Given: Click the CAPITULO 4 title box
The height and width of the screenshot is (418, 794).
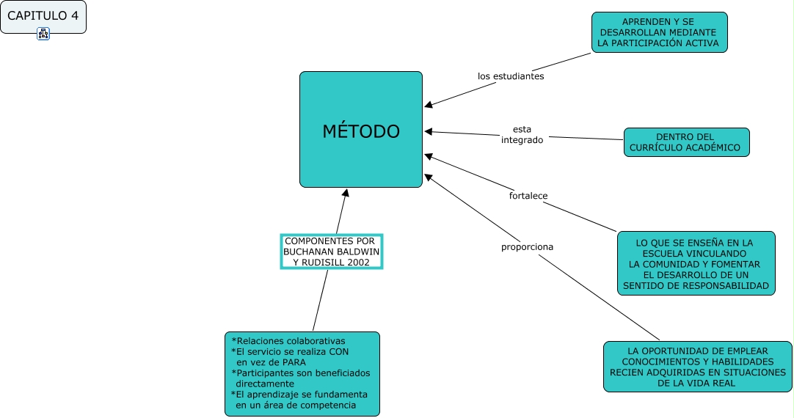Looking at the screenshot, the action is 43,17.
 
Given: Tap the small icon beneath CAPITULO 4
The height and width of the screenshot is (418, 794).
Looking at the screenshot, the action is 43,34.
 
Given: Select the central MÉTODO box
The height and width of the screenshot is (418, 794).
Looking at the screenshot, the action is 361,130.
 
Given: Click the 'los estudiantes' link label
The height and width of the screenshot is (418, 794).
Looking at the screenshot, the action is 511,76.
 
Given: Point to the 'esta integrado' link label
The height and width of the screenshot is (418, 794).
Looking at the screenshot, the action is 522,135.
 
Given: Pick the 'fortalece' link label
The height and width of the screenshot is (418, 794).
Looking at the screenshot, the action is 528,195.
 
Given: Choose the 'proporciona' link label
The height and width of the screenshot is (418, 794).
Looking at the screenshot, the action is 527,247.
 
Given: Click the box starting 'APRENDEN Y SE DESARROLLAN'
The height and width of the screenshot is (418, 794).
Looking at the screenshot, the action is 659,32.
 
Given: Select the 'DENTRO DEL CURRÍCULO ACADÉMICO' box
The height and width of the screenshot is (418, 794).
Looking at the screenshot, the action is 686,142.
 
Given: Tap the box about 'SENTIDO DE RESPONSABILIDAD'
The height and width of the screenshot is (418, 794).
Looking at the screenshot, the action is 696,263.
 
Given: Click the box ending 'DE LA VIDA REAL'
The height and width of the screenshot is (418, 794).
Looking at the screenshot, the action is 698,367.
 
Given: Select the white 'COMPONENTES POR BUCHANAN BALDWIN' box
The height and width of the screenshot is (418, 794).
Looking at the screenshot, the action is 332,252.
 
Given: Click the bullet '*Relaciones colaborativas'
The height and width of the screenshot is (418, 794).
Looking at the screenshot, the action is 288,341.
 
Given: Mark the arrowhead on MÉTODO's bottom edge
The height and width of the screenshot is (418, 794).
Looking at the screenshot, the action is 346,193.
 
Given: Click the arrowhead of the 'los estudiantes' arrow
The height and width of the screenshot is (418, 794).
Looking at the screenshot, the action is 429,105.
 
